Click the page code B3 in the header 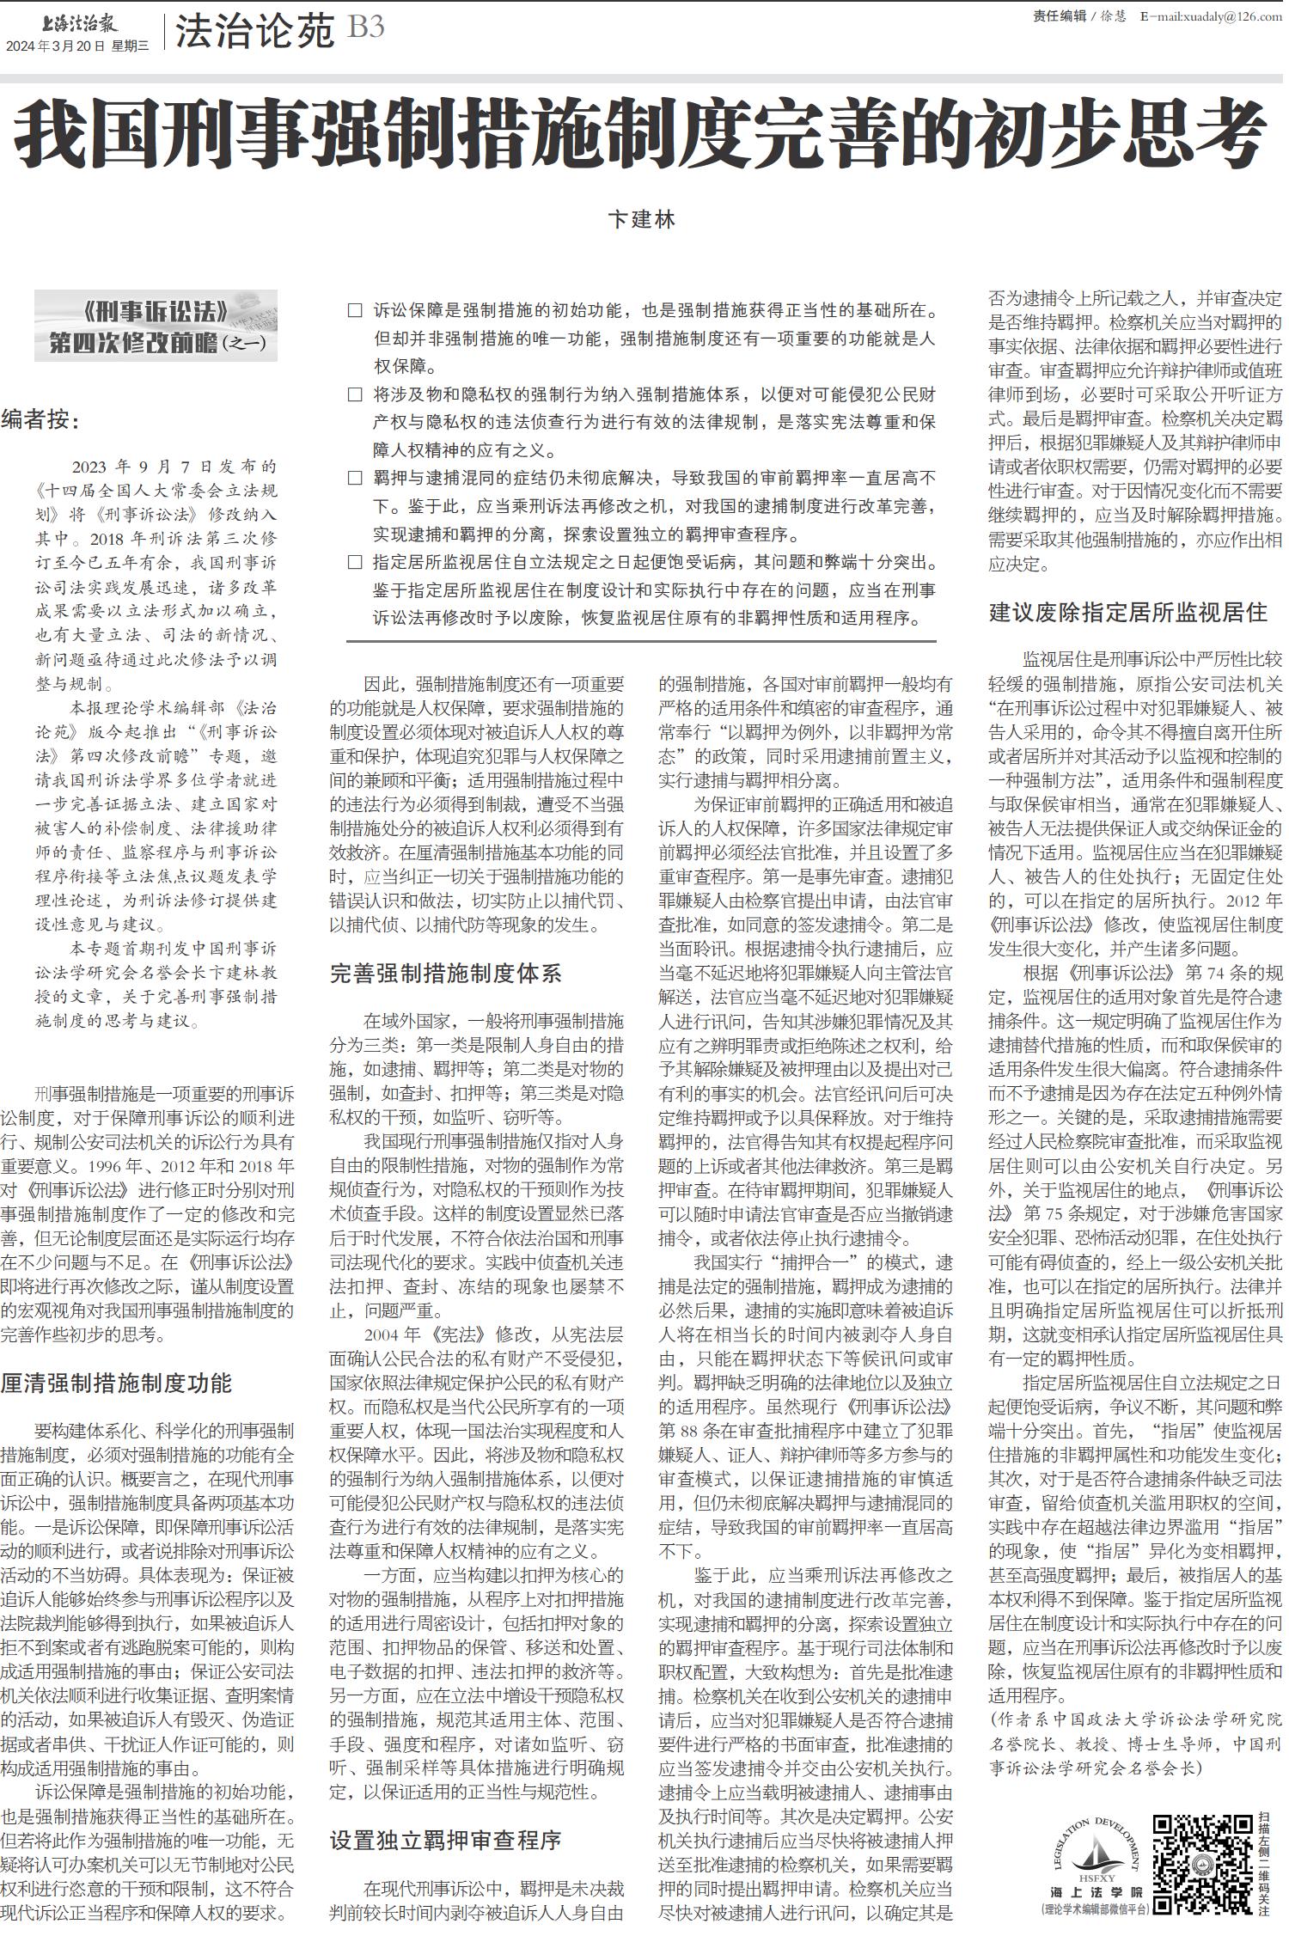coord(365,28)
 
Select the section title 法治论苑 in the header coord(254,32)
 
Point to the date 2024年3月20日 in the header coord(55,46)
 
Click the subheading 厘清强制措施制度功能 coord(116,1383)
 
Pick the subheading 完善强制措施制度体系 coord(445,973)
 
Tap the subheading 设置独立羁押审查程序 coord(445,1840)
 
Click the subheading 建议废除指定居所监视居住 coord(1127,612)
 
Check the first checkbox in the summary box coord(355,311)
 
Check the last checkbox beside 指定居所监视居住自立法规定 coord(355,563)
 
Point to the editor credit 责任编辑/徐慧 coord(1078,16)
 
